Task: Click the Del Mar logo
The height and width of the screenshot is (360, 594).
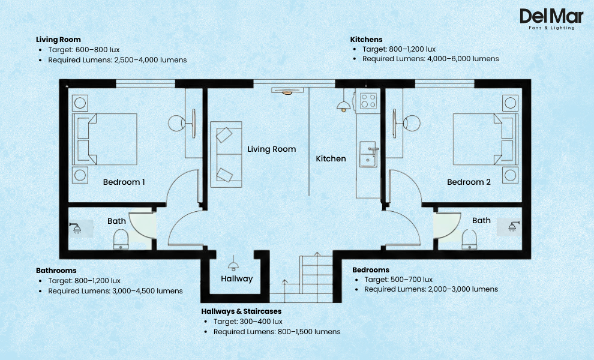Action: pyautogui.click(x=547, y=19)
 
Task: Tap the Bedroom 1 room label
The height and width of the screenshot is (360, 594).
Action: pyautogui.click(x=124, y=182)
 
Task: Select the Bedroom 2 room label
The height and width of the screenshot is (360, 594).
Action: pyautogui.click(x=469, y=182)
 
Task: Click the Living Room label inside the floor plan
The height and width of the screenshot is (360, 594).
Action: pyautogui.click(x=272, y=149)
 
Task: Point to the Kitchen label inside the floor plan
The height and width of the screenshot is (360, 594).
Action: pyautogui.click(x=331, y=159)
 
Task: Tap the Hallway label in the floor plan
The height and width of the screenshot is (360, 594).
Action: pyautogui.click(x=236, y=279)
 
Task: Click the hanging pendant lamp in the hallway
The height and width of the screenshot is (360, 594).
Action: pyautogui.click(x=233, y=265)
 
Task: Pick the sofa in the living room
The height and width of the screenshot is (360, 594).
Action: pyautogui.click(x=226, y=154)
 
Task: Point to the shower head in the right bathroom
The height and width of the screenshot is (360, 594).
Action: pyautogui.click(x=514, y=227)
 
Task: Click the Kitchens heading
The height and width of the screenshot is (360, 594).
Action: pyautogui.click(x=366, y=40)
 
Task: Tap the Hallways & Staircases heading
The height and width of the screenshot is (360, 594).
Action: pyautogui.click(x=241, y=311)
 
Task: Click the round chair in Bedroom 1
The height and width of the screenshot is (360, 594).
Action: pyautogui.click(x=176, y=124)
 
